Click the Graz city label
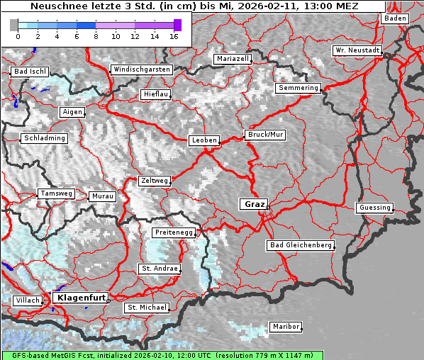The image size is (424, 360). click(255, 204)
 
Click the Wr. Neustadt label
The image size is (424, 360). click(357, 51)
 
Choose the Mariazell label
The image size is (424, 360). click(233, 59)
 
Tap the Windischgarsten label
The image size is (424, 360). click(141, 69)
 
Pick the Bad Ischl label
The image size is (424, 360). click(30, 72)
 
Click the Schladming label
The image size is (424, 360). click(45, 138)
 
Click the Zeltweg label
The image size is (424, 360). click(155, 181)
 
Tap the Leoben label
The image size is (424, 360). click(204, 140)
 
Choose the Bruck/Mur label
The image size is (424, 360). click(265, 135)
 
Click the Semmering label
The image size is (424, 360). click(299, 88)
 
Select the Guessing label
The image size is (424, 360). click(374, 208)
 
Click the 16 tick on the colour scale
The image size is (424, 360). click(174, 35)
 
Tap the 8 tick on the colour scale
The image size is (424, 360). click(96, 35)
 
